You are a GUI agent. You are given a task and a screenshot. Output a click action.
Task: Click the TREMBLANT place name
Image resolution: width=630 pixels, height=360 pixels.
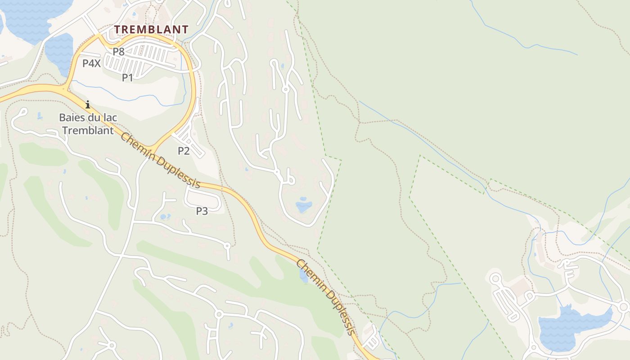click(151, 30)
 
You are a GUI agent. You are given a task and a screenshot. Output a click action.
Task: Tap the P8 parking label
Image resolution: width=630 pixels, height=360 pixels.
click(118, 52)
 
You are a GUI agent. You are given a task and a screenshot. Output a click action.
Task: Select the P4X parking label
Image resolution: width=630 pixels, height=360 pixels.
click(91, 63)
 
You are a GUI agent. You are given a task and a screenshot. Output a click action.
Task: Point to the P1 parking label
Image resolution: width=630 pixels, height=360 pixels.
click(128, 77)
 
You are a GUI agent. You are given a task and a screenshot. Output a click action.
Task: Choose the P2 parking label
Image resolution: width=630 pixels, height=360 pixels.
click(184, 151)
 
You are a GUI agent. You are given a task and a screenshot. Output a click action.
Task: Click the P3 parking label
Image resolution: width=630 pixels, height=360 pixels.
click(202, 211)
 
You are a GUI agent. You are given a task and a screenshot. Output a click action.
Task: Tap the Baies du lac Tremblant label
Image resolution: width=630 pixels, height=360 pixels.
click(88, 124)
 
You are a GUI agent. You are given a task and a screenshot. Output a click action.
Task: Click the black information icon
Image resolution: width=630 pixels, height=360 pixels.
click(88, 104)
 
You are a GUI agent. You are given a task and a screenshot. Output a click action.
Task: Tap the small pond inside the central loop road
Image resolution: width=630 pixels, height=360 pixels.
click(304, 205)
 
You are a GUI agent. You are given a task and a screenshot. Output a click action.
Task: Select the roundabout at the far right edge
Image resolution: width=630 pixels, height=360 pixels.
click(624, 307)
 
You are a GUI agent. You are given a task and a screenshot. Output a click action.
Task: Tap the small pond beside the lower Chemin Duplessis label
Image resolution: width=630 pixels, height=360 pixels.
click(304, 276)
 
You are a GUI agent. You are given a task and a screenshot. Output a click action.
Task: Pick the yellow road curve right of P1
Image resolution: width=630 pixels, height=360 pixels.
click(194, 81)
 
